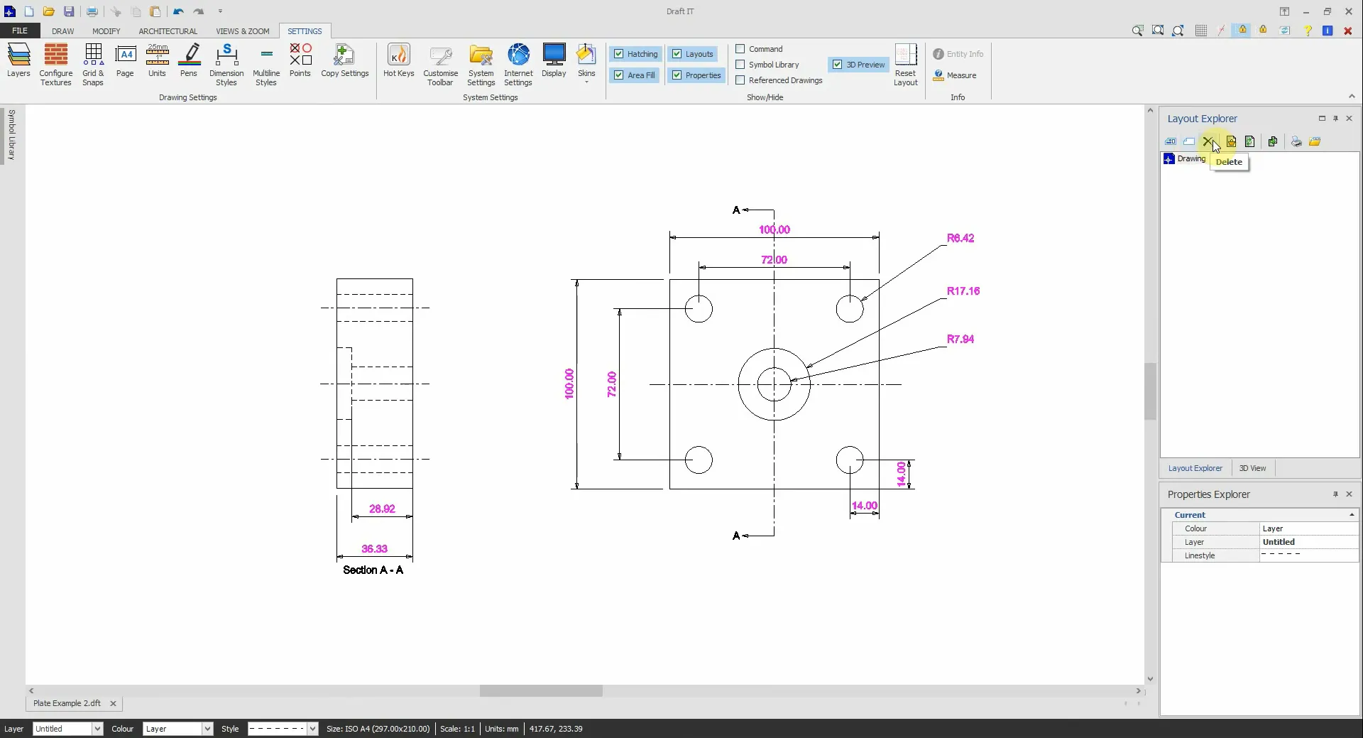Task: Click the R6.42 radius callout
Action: (x=960, y=238)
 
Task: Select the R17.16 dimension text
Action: (x=963, y=291)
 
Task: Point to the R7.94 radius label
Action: (x=960, y=339)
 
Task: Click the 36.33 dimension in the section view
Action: (x=374, y=548)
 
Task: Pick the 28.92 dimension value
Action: (x=382, y=509)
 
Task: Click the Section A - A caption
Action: (x=373, y=570)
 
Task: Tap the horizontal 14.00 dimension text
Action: (x=864, y=506)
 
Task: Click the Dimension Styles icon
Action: (x=226, y=64)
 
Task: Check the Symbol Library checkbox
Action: (x=740, y=65)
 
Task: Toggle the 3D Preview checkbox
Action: (x=838, y=65)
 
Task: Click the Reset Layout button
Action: (x=905, y=64)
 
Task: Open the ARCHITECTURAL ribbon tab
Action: (x=168, y=31)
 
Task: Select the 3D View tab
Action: (x=1252, y=468)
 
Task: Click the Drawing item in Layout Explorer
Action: (x=1190, y=158)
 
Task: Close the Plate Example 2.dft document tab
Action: (x=113, y=703)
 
